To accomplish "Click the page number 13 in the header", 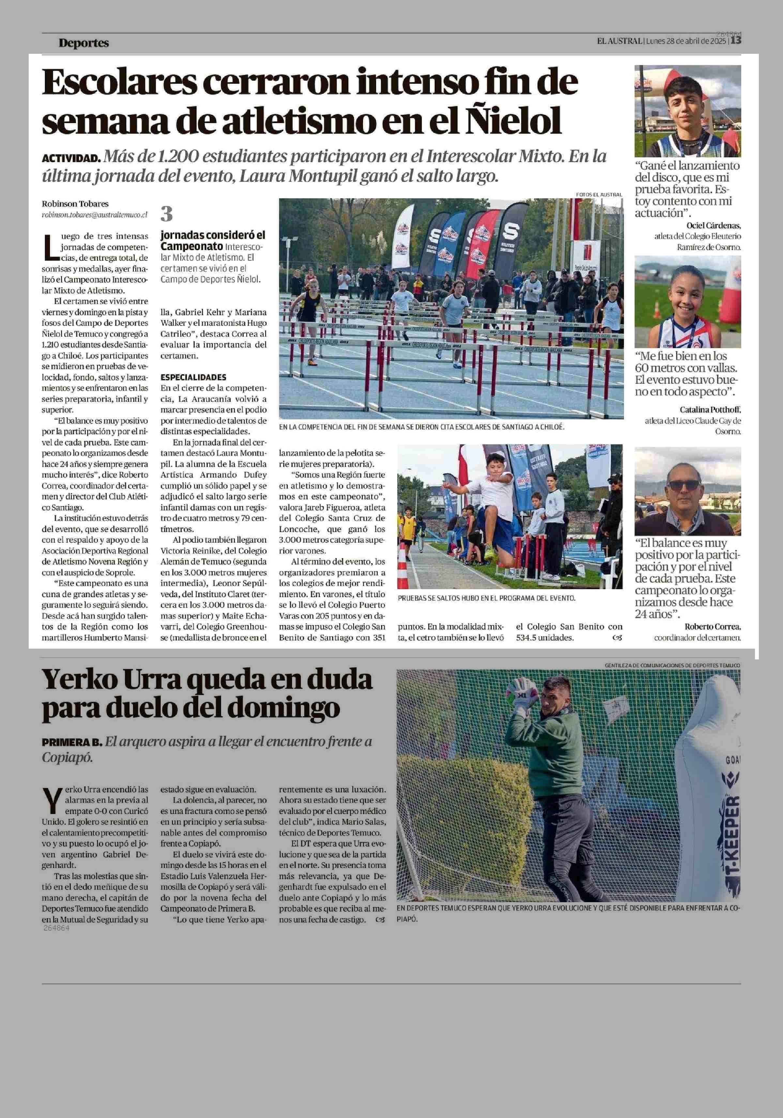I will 736,41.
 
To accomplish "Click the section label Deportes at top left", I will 83,43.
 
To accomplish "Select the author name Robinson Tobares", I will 75,203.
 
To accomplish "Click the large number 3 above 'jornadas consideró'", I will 167,214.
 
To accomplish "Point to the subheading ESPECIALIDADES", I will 193,377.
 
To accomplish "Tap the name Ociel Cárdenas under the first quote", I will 713,226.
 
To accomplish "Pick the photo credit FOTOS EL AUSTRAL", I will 599,194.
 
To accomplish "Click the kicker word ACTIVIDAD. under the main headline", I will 71,158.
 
